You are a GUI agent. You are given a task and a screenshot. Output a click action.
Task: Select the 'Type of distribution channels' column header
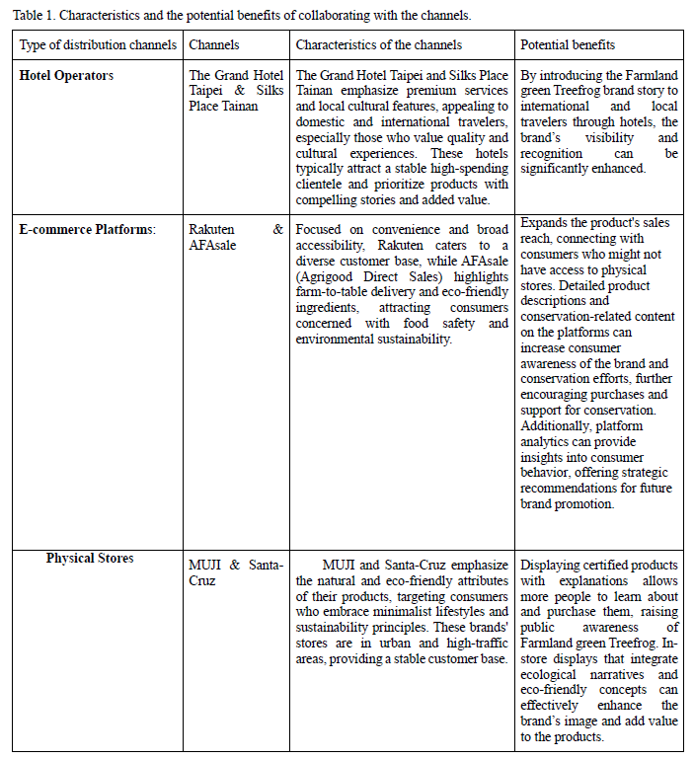click(x=98, y=45)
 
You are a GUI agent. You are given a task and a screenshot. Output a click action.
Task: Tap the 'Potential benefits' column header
click(x=567, y=45)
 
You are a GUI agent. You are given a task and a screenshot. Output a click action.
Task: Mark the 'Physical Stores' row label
click(x=90, y=559)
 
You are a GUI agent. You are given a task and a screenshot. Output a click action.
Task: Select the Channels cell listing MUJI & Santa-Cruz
click(x=236, y=572)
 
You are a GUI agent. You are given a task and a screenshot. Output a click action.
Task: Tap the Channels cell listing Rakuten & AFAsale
click(x=236, y=237)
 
